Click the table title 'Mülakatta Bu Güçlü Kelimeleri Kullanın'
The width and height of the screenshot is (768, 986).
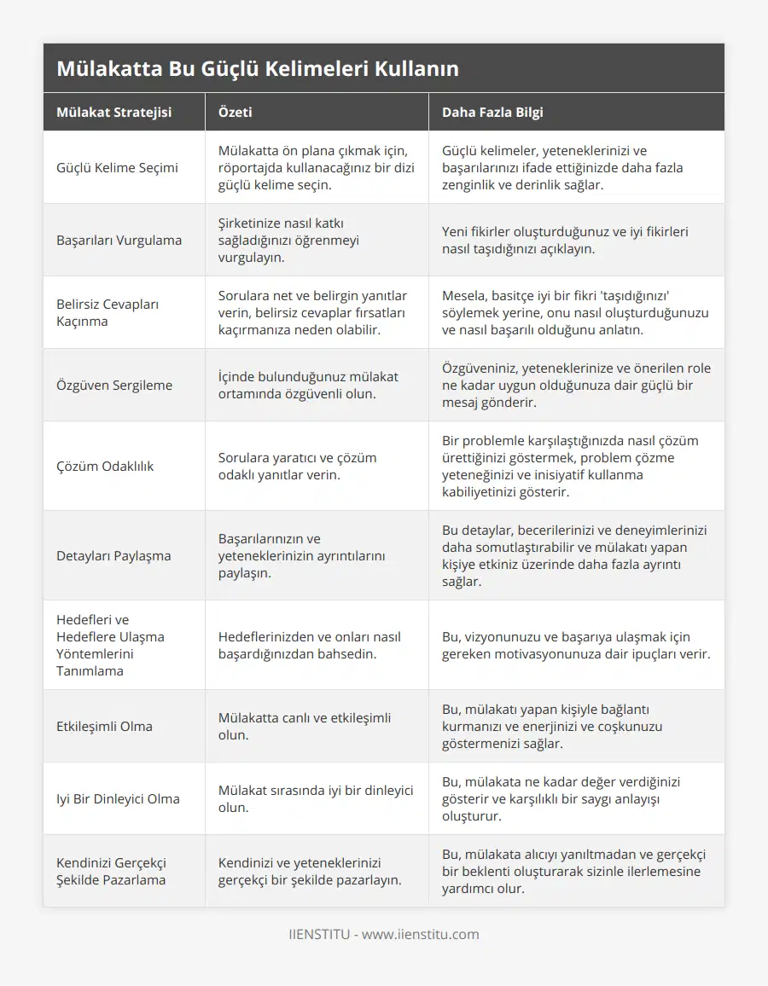pos(258,68)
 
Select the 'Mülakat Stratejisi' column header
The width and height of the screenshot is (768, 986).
pos(113,112)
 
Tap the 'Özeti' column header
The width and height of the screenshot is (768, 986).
pos(236,112)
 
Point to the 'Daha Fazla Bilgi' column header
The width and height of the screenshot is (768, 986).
pos(492,112)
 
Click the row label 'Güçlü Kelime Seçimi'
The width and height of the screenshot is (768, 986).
pos(117,167)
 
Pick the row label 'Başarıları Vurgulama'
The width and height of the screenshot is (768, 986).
pos(119,240)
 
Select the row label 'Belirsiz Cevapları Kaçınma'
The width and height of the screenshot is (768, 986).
pos(108,312)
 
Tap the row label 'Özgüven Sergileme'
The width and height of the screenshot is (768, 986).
pos(114,385)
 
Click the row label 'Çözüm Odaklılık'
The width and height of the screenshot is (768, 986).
pos(105,466)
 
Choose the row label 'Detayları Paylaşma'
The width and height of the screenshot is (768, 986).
pos(113,555)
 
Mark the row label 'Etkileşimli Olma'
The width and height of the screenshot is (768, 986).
pos(104,726)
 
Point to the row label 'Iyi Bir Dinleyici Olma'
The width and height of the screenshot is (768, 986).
pos(118,798)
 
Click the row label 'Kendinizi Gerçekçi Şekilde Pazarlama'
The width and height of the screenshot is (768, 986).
pos(111,871)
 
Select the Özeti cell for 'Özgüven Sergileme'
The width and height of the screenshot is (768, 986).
pos(308,385)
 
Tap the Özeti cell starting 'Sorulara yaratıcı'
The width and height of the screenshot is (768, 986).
pos(297,466)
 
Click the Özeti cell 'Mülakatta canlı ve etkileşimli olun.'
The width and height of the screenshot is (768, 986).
pos(305,726)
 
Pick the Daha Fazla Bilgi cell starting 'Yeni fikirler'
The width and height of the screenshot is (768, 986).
pos(566,240)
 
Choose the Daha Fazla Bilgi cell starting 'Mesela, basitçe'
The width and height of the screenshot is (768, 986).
pos(575,312)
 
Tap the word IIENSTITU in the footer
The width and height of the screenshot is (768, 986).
pos(319,934)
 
